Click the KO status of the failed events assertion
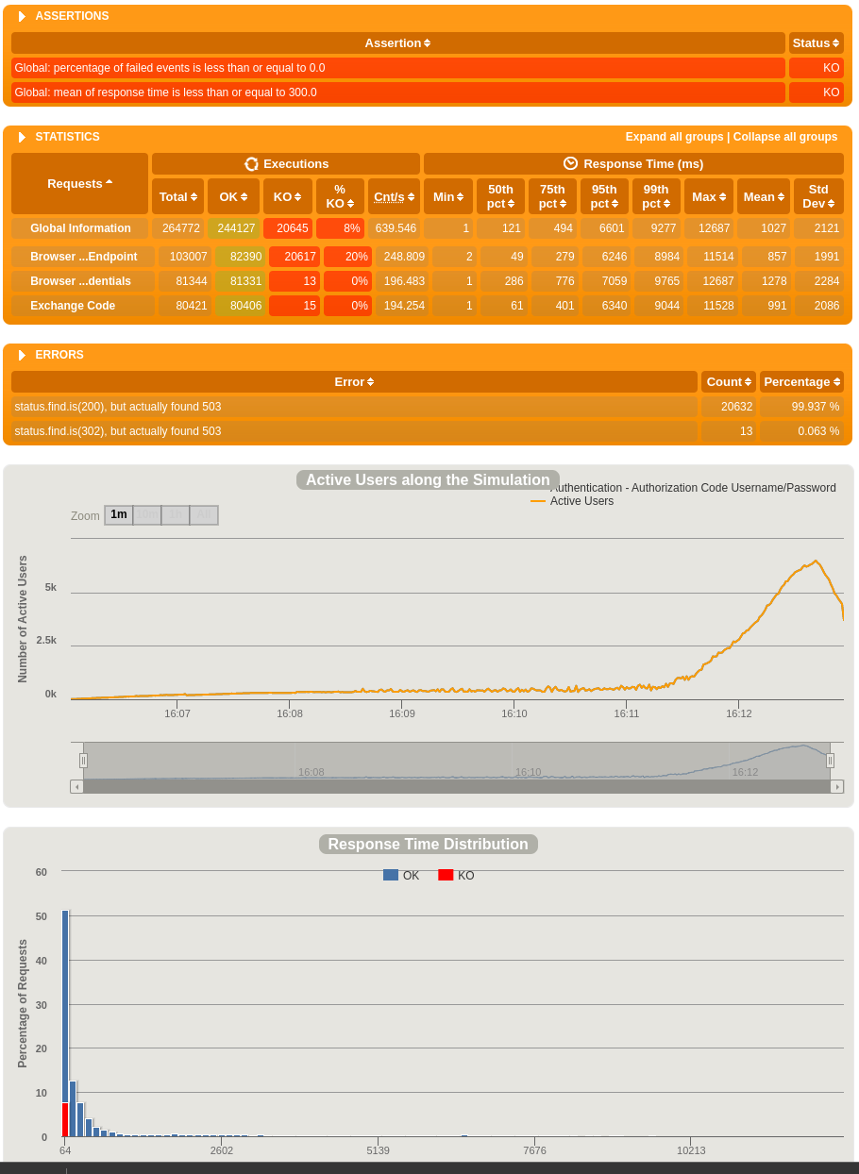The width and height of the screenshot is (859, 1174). pos(816,68)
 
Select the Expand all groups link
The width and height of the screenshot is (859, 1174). pos(674,137)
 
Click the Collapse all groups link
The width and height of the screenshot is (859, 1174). pos(784,137)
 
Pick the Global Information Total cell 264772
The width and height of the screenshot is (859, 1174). pos(177,228)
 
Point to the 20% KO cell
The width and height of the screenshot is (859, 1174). pos(347,257)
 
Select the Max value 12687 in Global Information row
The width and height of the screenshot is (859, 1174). pos(708,228)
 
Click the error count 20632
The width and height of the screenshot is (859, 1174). pos(728,407)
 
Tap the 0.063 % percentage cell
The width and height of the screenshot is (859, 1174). pos(801,431)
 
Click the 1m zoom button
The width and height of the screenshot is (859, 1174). pos(118,515)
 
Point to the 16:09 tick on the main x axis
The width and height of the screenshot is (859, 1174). pos(402,713)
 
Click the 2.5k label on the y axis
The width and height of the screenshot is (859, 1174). pos(46,640)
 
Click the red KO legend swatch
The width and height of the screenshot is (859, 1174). pos(446,875)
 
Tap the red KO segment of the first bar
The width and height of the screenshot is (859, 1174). pos(65,1119)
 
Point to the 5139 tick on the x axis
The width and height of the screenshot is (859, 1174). pos(379,1150)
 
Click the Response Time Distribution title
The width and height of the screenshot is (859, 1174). pos(428,845)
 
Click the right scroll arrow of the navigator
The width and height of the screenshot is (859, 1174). pos(836,786)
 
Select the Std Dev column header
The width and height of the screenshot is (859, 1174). pos(817,196)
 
